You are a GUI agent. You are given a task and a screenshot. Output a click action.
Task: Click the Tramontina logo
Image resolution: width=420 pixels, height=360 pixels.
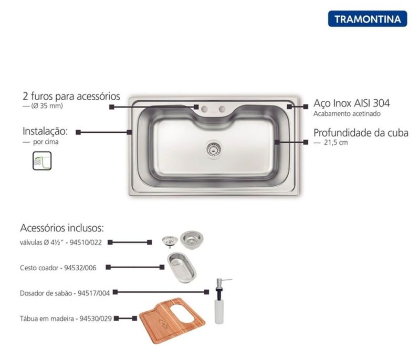pyautogui.click(x=367, y=19)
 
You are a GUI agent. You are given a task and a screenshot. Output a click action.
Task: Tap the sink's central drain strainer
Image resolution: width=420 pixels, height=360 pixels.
pyautogui.click(x=214, y=149)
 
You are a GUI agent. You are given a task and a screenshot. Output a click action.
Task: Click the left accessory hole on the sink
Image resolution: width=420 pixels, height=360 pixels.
pyautogui.click(x=205, y=109)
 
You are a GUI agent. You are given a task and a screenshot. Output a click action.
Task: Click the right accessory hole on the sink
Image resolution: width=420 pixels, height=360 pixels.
pyautogui.click(x=222, y=109)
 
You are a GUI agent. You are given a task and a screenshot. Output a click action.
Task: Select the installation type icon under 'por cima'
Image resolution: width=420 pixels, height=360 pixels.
pyautogui.click(x=42, y=161)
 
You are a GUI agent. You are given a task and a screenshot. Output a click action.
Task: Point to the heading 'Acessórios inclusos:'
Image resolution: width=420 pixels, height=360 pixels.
pyautogui.click(x=62, y=228)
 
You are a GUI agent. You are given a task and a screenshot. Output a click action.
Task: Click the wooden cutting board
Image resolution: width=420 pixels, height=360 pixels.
pyautogui.click(x=172, y=321)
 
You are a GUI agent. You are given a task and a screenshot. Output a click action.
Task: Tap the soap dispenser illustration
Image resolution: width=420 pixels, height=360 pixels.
pyautogui.click(x=220, y=301)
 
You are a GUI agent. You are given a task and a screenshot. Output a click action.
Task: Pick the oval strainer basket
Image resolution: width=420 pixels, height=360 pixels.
pyautogui.click(x=182, y=268)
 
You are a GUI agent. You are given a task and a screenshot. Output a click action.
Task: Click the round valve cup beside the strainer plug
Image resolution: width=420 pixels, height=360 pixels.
pyautogui.click(x=192, y=239)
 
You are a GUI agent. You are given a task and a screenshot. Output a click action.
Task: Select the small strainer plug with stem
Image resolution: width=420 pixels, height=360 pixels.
pyautogui.click(x=170, y=241)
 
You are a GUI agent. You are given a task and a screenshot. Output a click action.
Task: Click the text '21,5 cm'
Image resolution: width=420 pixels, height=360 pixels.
pyautogui.click(x=336, y=142)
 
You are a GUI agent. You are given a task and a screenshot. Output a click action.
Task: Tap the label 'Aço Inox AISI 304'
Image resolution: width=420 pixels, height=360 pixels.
pyautogui.click(x=351, y=103)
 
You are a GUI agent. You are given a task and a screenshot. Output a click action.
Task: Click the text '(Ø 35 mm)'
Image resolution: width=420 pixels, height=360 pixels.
pyautogui.click(x=47, y=105)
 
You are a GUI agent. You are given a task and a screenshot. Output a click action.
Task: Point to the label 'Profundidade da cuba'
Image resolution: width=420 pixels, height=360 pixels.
pyautogui.click(x=361, y=133)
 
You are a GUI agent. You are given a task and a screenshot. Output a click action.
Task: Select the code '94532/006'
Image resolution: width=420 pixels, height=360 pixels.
pyautogui.click(x=80, y=268)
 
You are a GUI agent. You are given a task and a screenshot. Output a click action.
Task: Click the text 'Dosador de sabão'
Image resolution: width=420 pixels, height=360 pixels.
pyautogui.click(x=46, y=293)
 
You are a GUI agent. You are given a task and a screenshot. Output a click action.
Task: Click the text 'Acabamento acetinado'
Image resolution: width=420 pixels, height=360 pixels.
pyautogui.click(x=347, y=114)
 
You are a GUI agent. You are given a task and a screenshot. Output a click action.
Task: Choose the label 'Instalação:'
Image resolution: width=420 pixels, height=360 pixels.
pyautogui.click(x=45, y=131)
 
